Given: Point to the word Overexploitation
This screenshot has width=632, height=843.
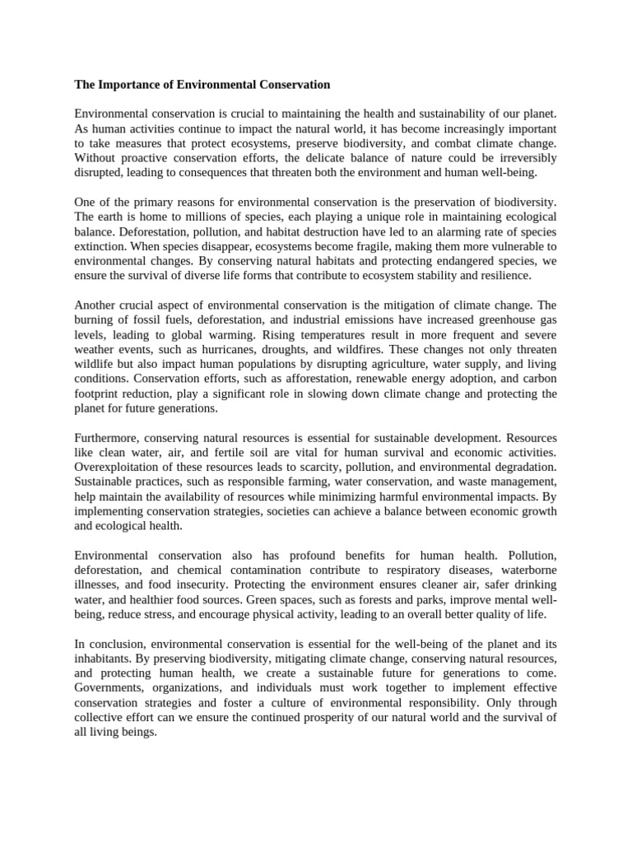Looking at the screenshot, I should [x=117, y=467].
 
